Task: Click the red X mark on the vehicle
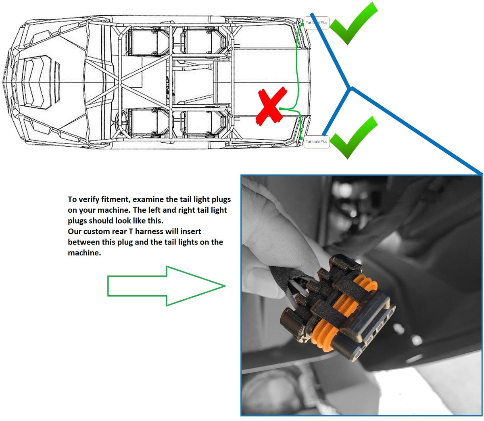point(271,106)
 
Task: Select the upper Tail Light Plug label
point(317,23)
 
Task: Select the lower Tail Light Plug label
point(317,142)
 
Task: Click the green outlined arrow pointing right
point(166,286)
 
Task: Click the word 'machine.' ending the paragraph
point(84,253)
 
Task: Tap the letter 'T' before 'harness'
point(130,231)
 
